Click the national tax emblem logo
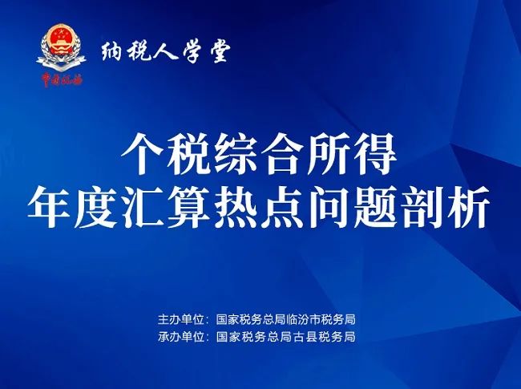click(61, 48)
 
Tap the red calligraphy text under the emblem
click(62, 79)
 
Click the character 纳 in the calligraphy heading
click(112, 51)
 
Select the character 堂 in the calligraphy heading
click(219, 51)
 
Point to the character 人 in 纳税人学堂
click(165, 51)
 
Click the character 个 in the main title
click(142, 154)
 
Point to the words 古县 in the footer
click(303, 337)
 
